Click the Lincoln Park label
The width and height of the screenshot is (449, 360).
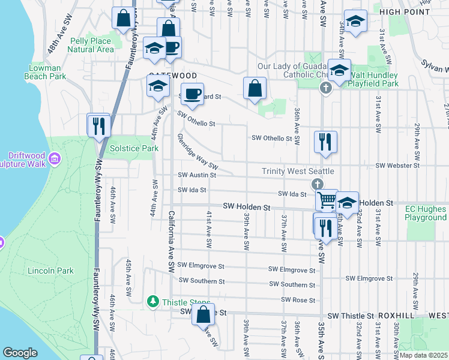(x=50, y=271)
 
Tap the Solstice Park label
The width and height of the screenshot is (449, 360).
(x=125, y=148)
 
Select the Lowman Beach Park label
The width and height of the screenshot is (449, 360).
(x=47, y=73)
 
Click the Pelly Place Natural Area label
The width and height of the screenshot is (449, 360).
(x=92, y=45)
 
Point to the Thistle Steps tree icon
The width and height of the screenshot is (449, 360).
(x=154, y=302)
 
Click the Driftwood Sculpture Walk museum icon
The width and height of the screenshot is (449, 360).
(x=55, y=158)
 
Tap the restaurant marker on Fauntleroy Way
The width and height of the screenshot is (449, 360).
(x=98, y=126)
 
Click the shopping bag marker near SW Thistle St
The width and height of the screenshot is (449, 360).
(x=203, y=314)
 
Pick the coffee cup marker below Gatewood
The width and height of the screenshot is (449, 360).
(x=193, y=94)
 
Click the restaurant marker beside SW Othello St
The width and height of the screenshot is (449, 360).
(x=325, y=142)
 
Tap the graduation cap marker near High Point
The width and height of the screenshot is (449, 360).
(x=355, y=23)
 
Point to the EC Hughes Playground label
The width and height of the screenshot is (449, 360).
(x=425, y=213)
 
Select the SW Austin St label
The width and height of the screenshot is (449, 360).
(x=197, y=175)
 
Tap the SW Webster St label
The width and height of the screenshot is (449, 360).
(x=397, y=165)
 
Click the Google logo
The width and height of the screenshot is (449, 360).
(x=20, y=353)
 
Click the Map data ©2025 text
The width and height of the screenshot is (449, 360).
(x=424, y=355)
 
